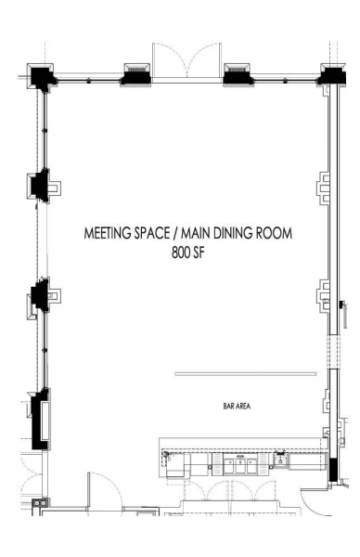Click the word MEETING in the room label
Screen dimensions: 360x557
106,233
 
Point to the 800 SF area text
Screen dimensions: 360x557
188,253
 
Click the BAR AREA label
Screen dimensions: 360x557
237,406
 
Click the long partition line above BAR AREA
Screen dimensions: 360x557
245,373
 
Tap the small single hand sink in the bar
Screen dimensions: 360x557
280,461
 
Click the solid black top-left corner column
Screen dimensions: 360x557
41,76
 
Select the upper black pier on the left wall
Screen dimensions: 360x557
40,186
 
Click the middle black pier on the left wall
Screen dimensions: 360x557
40,294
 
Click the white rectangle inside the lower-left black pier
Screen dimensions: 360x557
45,421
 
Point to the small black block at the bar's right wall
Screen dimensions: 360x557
333,469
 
